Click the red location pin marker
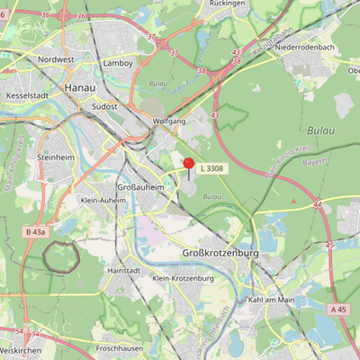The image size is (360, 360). pos(189,164)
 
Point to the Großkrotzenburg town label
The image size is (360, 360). pos(220,254)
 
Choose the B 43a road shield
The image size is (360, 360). pos(36,232)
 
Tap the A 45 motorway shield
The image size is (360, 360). pos(337,310)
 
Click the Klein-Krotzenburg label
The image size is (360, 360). pos(183,279)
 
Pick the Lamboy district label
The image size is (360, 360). pos(119,64)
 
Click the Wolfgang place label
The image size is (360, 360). pos(169,121)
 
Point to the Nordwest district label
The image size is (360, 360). pos(57,59)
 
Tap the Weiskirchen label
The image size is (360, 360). pos(22,350)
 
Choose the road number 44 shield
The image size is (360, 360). pos(318,205)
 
